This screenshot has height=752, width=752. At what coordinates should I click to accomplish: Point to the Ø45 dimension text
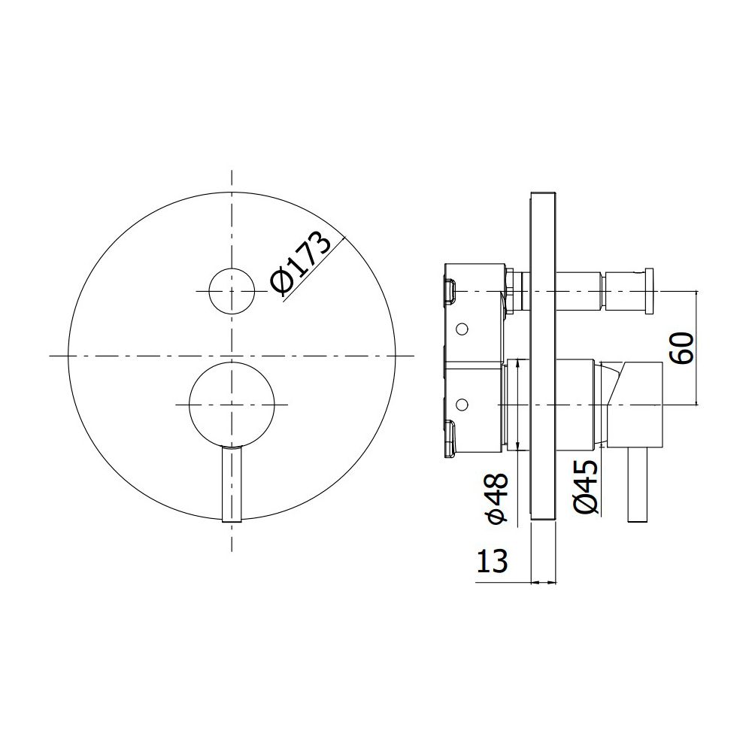pos(586,487)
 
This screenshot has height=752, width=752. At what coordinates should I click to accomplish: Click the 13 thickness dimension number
pos(492,561)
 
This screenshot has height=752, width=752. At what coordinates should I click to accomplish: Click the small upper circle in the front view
pos(232,291)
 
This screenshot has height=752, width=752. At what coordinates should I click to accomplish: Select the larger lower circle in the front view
pos(232,405)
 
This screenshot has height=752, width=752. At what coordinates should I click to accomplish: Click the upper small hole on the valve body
pos(462,329)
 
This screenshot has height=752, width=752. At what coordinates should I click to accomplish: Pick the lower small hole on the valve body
pos(462,405)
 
